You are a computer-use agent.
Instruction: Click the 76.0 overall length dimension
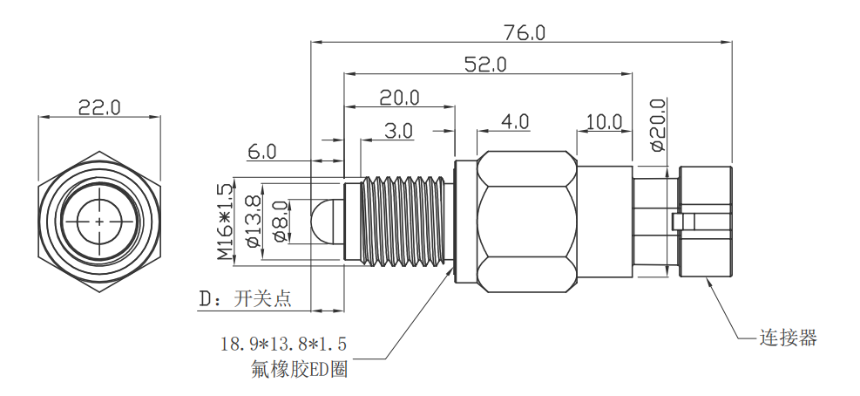524,32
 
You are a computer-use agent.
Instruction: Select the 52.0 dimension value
485,65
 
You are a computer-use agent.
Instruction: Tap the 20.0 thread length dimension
400,97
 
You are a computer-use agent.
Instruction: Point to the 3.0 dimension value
399,130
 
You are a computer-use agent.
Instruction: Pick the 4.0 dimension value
515,121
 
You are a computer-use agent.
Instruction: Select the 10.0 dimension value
603,121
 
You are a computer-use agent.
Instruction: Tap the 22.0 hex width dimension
99,107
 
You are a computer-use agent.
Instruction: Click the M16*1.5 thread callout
226,222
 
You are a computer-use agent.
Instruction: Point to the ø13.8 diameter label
253,222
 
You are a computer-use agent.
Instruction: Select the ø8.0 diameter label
279,222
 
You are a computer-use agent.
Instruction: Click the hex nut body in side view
526,221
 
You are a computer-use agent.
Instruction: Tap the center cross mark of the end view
100,221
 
